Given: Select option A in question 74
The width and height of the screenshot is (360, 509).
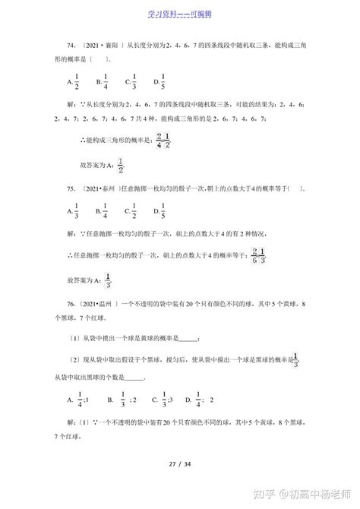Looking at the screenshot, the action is pos(73,84).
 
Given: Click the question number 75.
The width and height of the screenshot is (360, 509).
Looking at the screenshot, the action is pos(71,190).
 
